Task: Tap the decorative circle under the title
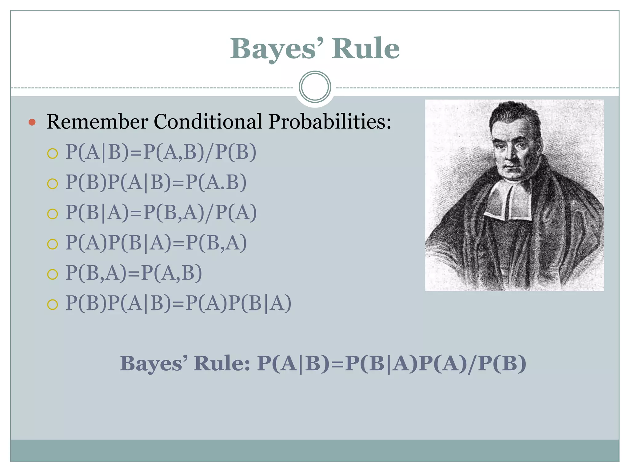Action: [x=315, y=87]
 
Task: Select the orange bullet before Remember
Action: [x=32, y=122]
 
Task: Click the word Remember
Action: [x=97, y=121]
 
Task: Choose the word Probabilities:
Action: [x=329, y=122]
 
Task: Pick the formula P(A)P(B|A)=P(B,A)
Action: [x=156, y=242]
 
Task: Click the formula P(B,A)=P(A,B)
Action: [x=134, y=273]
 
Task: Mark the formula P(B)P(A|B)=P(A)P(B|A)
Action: [x=178, y=303]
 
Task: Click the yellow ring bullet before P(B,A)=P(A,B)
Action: [x=53, y=274]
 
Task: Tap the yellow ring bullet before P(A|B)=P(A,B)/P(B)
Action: [x=53, y=153]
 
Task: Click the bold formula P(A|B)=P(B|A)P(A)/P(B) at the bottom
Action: [x=391, y=364]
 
